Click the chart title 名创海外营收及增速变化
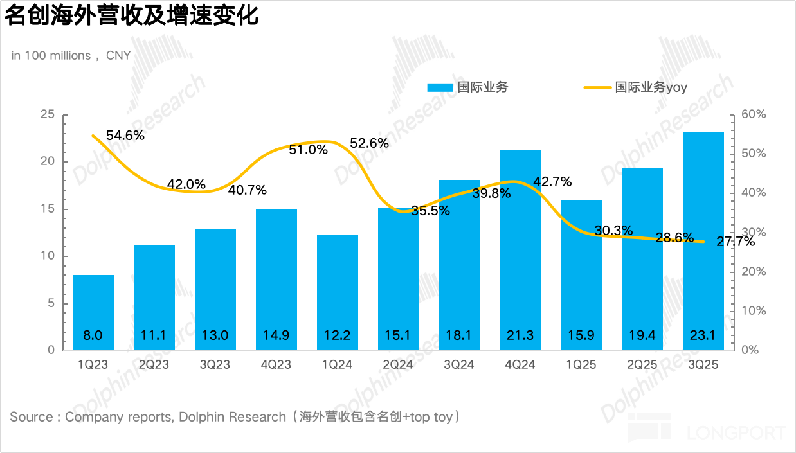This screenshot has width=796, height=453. point(132,15)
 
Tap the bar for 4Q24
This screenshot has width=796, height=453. point(520,251)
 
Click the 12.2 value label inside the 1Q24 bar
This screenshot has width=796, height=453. point(337,335)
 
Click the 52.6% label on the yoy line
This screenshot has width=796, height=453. point(369,143)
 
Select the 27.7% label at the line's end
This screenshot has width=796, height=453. point(736,242)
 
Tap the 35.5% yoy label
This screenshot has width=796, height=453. point(430,210)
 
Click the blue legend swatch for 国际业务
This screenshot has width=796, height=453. point(440,87)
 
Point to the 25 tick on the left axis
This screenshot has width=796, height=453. point(48,114)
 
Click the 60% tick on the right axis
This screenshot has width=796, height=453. point(753,114)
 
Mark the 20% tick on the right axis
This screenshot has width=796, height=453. point(753,272)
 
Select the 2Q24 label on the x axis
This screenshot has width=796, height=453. point(398,365)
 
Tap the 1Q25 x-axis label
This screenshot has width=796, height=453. point(581,365)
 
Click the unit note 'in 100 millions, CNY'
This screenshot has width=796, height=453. point(71,56)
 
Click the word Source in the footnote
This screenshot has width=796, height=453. point(32,417)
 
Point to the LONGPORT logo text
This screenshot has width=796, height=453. point(736,432)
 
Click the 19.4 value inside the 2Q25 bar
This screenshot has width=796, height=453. point(642,335)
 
